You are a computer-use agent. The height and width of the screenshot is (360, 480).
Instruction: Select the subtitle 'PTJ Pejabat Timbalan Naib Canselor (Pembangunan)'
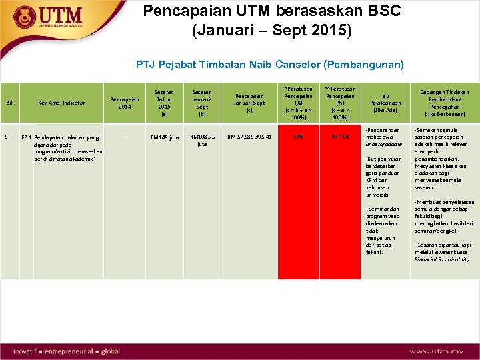coord(269,65)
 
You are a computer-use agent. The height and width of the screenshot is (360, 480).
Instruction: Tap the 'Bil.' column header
coord(10,103)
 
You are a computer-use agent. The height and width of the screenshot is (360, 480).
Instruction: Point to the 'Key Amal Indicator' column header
coord(61,103)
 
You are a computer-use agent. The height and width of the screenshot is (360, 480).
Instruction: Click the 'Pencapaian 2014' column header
coord(124,103)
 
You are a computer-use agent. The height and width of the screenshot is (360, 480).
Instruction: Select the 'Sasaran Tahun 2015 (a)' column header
coord(164,102)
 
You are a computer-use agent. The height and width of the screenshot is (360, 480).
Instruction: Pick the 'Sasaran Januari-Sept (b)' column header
coord(202,102)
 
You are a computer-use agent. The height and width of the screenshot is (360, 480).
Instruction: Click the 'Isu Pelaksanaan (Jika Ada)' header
coord(385,103)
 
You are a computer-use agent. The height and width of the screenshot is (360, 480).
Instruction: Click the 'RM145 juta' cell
coord(164,137)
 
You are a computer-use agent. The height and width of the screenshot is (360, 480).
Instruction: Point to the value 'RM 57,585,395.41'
coord(249,137)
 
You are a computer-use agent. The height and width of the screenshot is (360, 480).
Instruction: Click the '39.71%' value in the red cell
coord(339,137)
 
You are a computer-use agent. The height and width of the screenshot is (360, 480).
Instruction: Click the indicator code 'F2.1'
coord(27,138)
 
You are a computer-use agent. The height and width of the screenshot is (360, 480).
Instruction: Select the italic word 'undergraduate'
coord(384,144)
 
